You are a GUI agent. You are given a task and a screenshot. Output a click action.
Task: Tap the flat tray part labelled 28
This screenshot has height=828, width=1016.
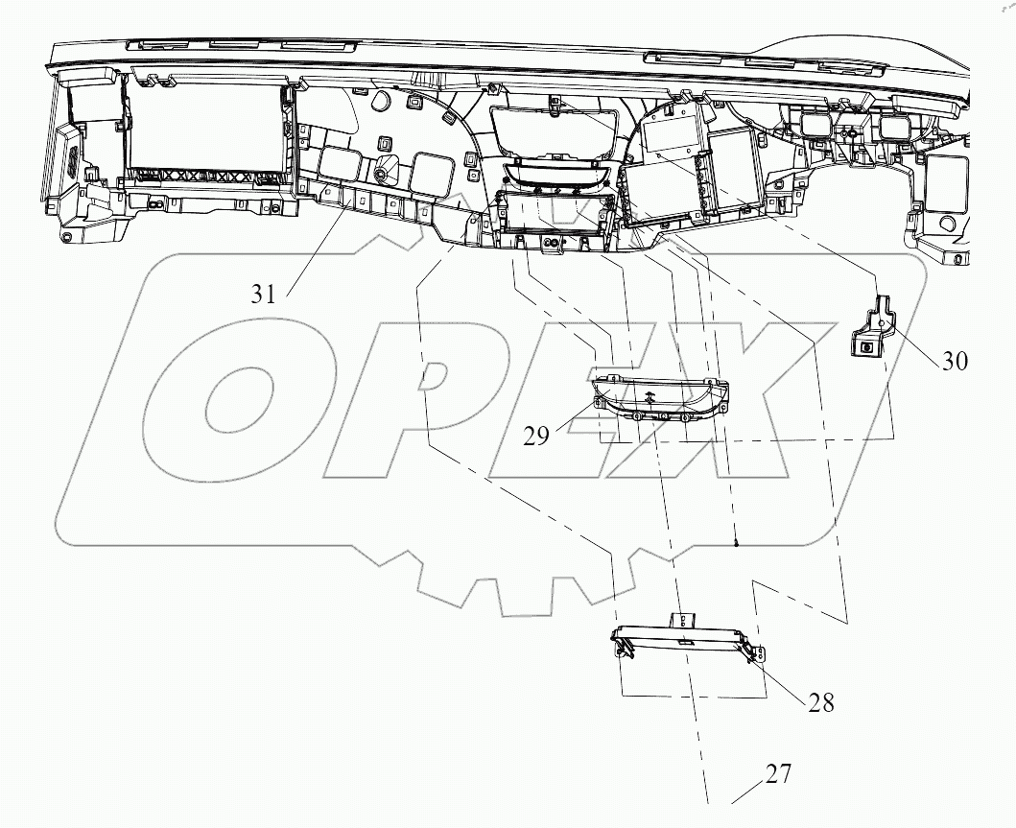[687, 642]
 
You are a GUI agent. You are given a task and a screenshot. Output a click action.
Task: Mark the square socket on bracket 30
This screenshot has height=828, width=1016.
[867, 347]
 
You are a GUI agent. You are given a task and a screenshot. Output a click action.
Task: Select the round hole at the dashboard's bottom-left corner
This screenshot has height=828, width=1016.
[66, 236]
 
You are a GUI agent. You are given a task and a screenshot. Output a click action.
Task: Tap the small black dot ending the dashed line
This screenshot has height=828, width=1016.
[735, 544]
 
